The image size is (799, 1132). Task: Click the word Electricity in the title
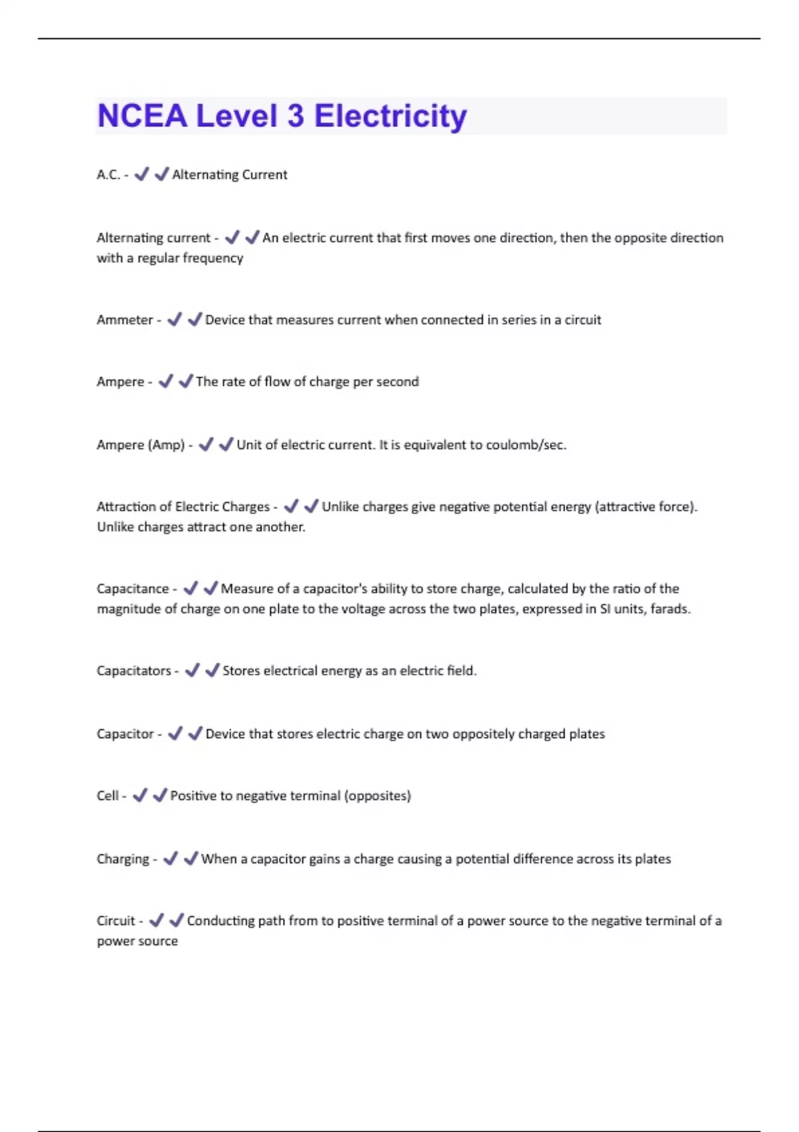pos(390,117)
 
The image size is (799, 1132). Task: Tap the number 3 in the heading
pos(296,117)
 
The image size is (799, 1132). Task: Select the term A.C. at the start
pos(109,174)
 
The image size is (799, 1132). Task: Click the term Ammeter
pos(125,320)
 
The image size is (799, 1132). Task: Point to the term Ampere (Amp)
pos(140,444)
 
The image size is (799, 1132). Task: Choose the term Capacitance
pos(133,589)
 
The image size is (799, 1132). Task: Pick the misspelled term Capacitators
pos(134,671)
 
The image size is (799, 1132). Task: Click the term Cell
pos(107,796)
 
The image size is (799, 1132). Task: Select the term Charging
pos(123,859)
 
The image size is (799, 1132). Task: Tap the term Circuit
pos(116,921)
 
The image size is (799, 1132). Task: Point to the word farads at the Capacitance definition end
pos(670,609)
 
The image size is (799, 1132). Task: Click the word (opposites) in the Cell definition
pos(378,796)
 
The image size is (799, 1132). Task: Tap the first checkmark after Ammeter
pos(174,320)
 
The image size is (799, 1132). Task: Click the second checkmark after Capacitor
pos(195,733)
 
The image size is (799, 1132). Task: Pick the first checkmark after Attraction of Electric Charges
pos(291,506)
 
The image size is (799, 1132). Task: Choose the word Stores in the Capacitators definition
pos(241,671)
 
